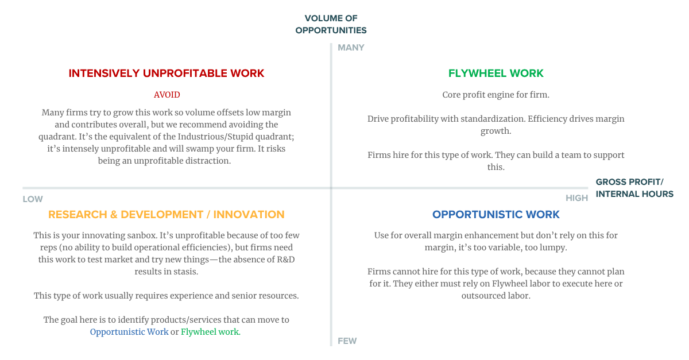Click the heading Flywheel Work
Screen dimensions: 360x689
click(x=496, y=73)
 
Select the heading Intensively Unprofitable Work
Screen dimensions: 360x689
click(x=167, y=73)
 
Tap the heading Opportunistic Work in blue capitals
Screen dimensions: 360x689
click(x=496, y=215)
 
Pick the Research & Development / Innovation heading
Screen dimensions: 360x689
click(x=167, y=215)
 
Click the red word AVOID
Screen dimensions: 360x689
click(x=167, y=95)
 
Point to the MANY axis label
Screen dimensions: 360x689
click(x=351, y=48)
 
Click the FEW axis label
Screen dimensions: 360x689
click(x=347, y=341)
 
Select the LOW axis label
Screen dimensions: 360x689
click(x=33, y=199)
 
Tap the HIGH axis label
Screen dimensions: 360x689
click(x=576, y=198)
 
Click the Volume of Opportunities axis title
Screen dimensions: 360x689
click(x=331, y=24)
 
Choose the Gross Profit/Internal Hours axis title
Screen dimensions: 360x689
click(x=634, y=188)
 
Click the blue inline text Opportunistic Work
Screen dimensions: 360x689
click(x=129, y=332)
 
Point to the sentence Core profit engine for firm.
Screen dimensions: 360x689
click(x=496, y=95)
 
